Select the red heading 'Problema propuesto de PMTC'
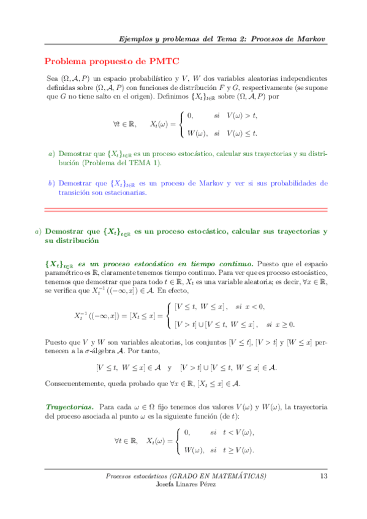click(112, 62)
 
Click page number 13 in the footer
click(322, 476)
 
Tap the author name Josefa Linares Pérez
click(186, 485)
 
